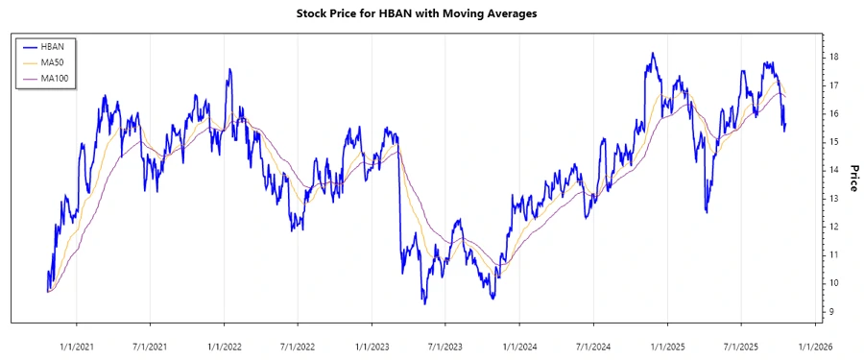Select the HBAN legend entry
[x=54, y=45]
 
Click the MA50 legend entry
[x=54, y=61]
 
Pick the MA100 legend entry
[x=56, y=78]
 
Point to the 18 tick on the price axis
[x=835, y=58]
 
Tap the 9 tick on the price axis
[x=833, y=312]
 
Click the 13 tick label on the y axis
[x=835, y=199]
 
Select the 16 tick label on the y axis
[x=835, y=114]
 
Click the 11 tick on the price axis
[x=835, y=255]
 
